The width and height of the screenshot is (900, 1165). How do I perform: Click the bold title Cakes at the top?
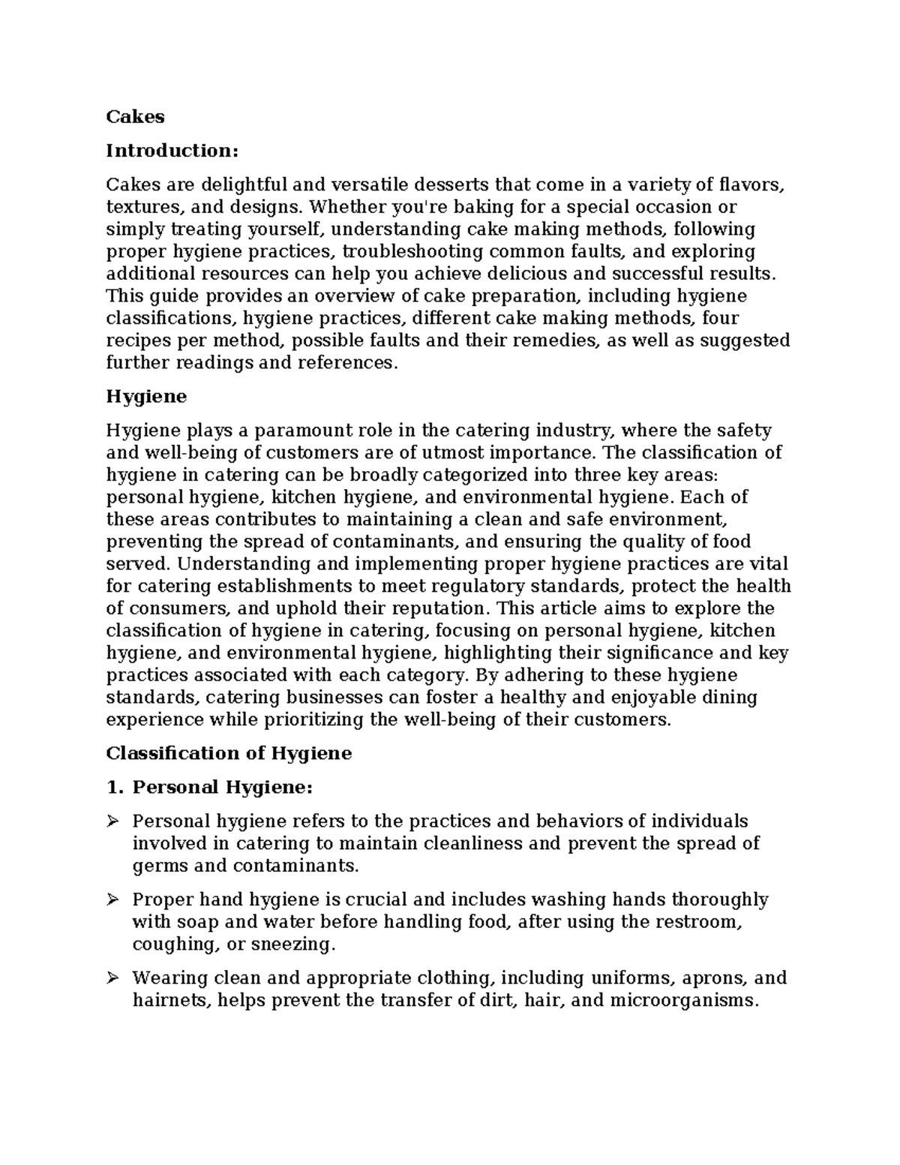click(135, 117)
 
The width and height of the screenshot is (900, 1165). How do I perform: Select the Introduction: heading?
click(172, 151)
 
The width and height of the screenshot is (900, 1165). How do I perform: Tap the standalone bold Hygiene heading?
click(146, 397)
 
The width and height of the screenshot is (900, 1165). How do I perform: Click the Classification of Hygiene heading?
click(229, 753)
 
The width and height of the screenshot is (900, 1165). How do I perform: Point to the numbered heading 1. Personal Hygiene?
click(209, 788)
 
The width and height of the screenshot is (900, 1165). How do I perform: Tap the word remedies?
click(542, 341)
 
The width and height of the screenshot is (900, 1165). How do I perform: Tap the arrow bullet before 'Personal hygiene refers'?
click(113, 821)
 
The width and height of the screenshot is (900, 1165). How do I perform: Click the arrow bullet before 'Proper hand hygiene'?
click(113, 899)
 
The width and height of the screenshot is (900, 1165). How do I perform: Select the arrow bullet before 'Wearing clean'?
click(113, 978)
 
